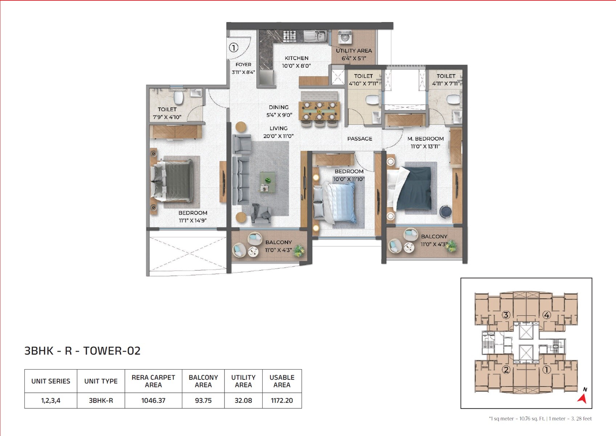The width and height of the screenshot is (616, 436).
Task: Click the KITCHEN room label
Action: (296, 58)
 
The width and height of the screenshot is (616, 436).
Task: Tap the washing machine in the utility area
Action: (345, 37)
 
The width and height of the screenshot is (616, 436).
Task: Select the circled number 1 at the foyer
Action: (234, 48)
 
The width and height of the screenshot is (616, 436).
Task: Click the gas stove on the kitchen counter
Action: (289, 36)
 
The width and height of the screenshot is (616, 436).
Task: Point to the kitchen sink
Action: (315, 36)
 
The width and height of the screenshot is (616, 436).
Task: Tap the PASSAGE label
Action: (360, 139)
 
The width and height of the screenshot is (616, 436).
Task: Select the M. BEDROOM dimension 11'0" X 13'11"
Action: (425, 146)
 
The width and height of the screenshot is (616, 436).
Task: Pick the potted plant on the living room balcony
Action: (299, 250)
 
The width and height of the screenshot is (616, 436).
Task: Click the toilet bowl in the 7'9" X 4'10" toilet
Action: (178, 98)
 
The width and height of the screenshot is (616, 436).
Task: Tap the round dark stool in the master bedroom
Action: (445, 211)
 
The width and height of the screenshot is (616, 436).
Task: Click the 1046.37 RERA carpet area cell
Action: (153, 400)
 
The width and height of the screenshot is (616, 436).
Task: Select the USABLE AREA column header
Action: (282, 381)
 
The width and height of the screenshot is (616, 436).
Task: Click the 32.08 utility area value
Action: (243, 400)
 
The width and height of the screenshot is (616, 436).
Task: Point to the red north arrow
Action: (582, 398)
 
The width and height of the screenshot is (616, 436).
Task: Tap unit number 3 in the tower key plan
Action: (506, 315)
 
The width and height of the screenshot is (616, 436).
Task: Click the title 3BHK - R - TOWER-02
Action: (82, 351)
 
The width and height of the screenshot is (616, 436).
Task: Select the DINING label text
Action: (279, 107)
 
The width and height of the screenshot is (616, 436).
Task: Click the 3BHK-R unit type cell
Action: (101, 400)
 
